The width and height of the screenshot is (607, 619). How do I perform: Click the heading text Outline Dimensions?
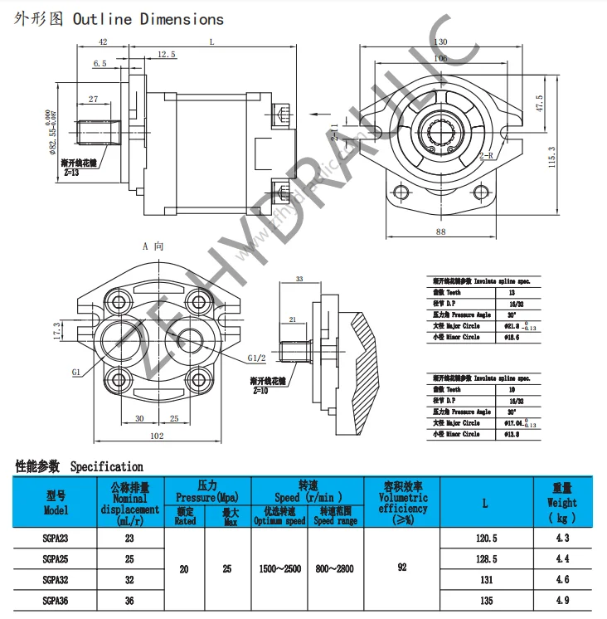[148, 19]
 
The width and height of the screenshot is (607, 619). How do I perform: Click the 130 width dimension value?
[439, 42]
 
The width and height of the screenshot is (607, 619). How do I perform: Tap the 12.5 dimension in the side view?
[166, 55]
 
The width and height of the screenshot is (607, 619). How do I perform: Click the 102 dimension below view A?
[158, 436]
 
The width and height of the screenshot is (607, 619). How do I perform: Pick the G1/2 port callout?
[257, 358]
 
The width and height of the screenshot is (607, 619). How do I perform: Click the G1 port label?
[76, 373]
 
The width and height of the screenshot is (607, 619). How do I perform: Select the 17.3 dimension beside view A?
[57, 330]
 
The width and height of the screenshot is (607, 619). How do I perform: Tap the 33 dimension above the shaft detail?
[299, 279]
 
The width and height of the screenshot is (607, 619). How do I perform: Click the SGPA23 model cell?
[56, 539]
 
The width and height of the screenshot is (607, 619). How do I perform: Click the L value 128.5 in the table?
[485, 559]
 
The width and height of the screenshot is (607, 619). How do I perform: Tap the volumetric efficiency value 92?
[402, 569]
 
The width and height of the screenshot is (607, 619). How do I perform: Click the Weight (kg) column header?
[562, 503]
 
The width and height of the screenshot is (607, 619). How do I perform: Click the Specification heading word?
[106, 467]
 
